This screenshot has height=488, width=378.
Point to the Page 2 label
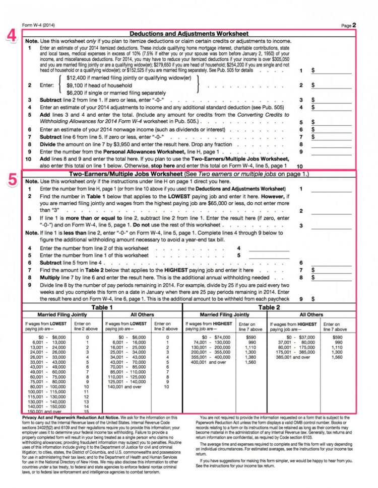click(348, 25)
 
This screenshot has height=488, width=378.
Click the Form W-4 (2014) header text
click(38, 25)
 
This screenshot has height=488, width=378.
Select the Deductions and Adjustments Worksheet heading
click(190, 34)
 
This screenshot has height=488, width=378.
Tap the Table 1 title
click(101, 307)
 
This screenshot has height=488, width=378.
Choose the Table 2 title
click(269, 307)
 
